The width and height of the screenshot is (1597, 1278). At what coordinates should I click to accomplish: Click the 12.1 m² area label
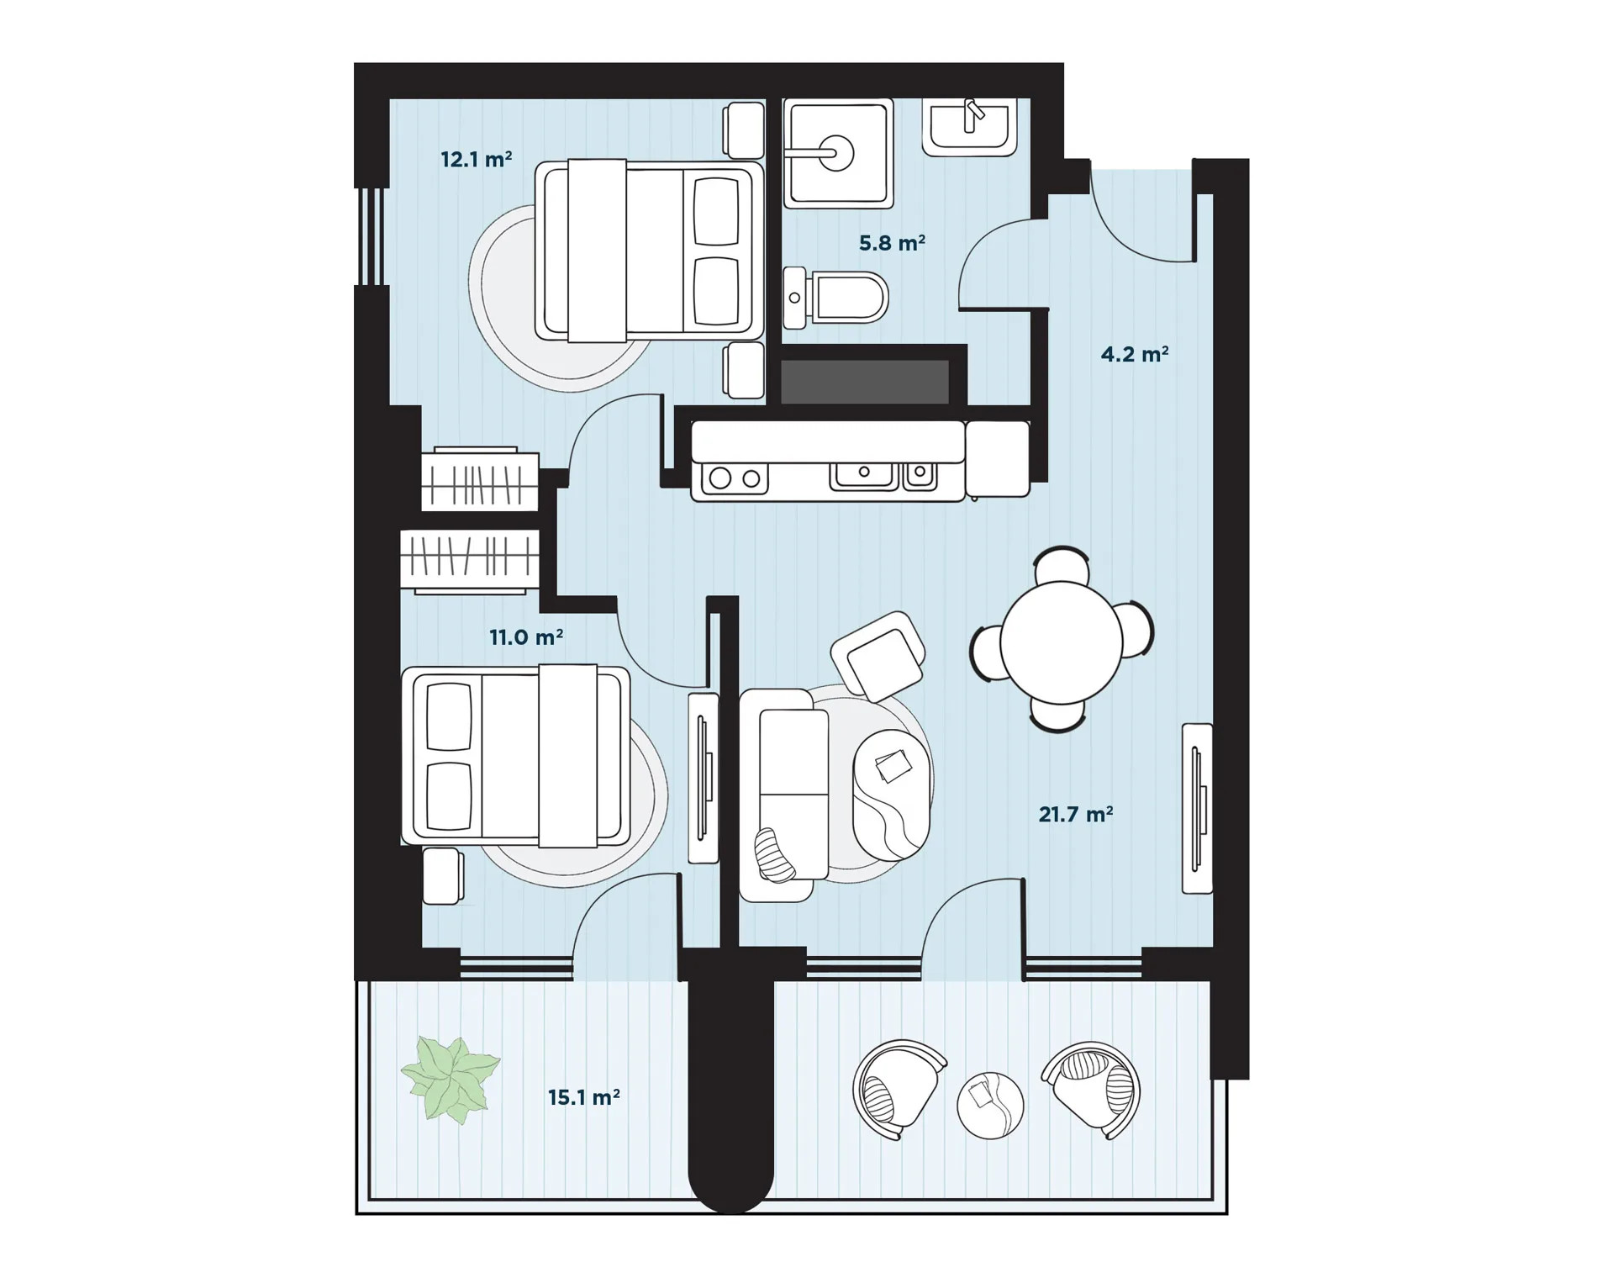(x=476, y=159)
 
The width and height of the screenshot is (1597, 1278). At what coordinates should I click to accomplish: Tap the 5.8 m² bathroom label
(x=892, y=243)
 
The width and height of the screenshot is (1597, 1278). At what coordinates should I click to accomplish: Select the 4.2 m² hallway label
(x=1135, y=354)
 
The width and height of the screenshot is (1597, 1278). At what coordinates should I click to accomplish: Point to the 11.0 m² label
(x=526, y=637)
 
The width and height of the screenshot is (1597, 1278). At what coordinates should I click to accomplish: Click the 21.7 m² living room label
(x=1076, y=814)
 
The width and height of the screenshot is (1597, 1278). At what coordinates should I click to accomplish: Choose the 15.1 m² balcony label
(x=584, y=1097)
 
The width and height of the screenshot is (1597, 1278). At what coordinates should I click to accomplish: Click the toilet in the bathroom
(x=835, y=298)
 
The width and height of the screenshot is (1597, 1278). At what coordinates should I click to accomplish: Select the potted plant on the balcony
(x=451, y=1079)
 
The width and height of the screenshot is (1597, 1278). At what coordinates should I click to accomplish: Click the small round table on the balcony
(x=990, y=1106)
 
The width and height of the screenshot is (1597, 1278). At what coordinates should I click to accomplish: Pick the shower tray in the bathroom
(x=838, y=153)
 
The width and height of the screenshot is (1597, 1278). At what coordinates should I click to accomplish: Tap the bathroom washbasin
(x=970, y=127)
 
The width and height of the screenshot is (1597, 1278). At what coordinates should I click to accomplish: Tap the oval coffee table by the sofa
(x=892, y=795)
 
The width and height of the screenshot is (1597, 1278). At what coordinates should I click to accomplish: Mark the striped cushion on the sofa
(x=774, y=855)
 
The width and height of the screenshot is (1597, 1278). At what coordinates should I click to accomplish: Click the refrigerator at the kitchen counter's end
(x=998, y=459)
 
